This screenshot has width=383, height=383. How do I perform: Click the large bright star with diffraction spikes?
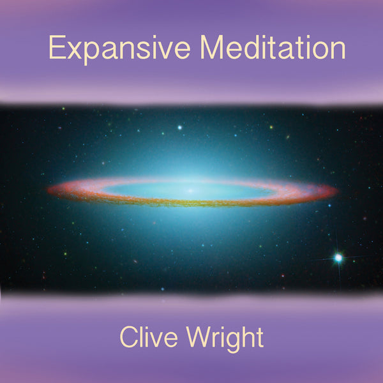338,258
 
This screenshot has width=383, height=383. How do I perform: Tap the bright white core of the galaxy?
190,190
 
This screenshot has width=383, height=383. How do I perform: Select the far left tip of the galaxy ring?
49,190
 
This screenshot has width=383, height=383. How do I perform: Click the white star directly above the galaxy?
180,128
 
